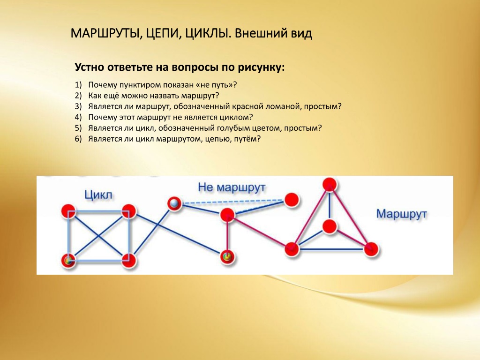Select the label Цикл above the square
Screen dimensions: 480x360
[x=98, y=195]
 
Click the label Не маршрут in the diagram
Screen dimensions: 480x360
[x=232, y=187]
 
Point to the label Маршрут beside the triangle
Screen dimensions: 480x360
[x=401, y=213]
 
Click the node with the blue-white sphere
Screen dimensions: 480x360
[x=174, y=203]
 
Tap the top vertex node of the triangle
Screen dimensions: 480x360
[x=330, y=185]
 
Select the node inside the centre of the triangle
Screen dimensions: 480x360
[x=330, y=226]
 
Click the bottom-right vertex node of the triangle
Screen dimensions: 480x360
[x=371, y=249]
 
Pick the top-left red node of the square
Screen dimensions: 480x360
[x=68, y=211]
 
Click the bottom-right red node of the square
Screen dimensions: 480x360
[x=129, y=261]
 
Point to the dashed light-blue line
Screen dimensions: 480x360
[x=232, y=202]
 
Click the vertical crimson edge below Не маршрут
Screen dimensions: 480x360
[x=227, y=236]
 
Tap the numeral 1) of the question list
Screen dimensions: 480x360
[x=78, y=85]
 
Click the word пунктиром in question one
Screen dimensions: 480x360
[x=141, y=85]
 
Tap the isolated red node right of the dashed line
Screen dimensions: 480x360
[x=292, y=200]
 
